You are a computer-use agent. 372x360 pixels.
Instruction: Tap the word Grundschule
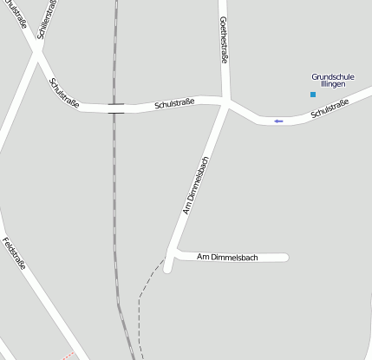(x=333, y=76)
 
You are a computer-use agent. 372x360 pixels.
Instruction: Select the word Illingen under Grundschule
(x=334, y=84)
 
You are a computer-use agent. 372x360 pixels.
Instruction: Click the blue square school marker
(x=313, y=94)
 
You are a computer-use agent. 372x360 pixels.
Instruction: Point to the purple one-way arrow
(x=278, y=121)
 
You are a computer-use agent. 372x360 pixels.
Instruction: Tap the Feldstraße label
(x=15, y=253)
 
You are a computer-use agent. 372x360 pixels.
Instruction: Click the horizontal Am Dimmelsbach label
(x=228, y=257)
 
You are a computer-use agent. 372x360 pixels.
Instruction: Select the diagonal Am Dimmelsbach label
(x=196, y=185)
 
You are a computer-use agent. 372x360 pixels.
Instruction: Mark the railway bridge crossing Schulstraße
(x=115, y=108)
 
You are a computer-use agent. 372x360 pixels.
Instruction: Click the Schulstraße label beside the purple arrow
(x=329, y=109)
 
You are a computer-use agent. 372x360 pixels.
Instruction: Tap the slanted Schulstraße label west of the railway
(x=64, y=93)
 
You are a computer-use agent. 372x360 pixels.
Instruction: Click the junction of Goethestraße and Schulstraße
(x=227, y=104)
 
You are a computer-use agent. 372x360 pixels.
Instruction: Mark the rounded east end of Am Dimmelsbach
(x=285, y=257)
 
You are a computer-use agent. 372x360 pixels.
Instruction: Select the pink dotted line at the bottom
(x=69, y=355)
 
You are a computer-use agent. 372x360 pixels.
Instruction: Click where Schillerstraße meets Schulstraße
(x=36, y=53)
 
